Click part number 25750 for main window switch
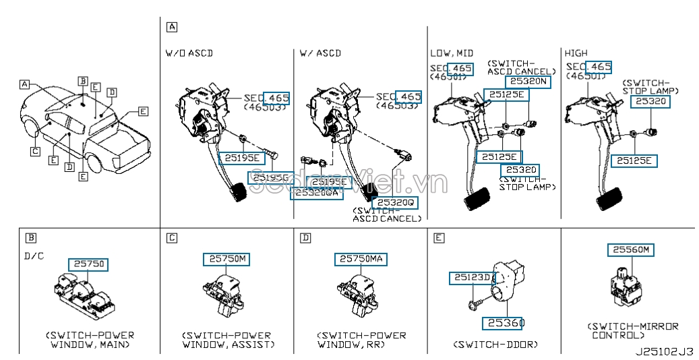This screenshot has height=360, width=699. pos(87,264)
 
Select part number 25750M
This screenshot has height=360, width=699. pos(226,259)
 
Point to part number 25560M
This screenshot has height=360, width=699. pos(631,250)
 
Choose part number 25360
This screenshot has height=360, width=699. pos(503,323)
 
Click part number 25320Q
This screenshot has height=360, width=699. pos(397,202)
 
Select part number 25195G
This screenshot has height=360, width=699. pos(270,177)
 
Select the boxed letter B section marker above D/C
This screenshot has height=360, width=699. pos(30,237)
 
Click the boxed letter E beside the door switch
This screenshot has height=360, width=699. pos(439,237)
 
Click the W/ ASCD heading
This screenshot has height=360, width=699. pos(320,53)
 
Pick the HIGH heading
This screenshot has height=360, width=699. pos(576,53)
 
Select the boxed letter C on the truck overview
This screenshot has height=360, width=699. pos(35,152)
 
